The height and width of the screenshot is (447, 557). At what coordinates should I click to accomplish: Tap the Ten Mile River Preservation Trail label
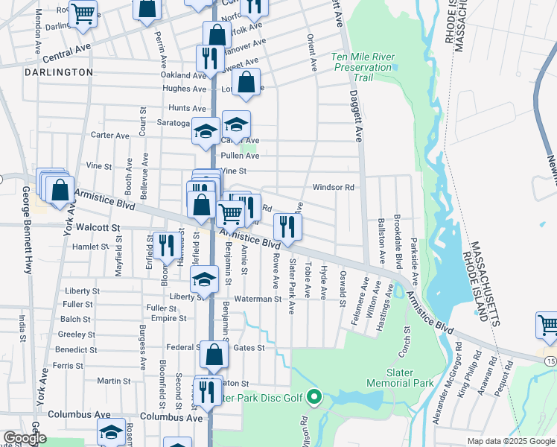362,62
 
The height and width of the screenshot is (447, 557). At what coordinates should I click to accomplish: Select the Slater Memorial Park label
399,377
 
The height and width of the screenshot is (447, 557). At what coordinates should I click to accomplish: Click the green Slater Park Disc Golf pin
314,397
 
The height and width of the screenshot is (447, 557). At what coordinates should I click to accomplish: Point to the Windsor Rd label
333,188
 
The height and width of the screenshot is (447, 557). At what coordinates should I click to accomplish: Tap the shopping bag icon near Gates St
214,355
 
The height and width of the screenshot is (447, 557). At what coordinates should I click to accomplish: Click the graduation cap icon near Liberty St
203,279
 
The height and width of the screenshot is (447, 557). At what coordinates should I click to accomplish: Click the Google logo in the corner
25,438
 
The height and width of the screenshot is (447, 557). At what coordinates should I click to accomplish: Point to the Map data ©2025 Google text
510,440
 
